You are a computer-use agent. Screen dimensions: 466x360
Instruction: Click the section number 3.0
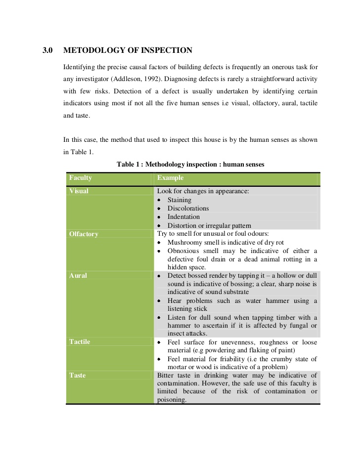click(47, 50)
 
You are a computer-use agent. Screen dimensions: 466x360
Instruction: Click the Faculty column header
click(81, 178)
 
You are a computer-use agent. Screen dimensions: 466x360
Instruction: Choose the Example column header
click(170, 178)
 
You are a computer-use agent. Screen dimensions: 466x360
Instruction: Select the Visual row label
click(79, 191)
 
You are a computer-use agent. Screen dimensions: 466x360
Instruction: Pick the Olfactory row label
click(84, 234)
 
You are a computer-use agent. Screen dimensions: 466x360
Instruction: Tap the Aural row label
click(78, 276)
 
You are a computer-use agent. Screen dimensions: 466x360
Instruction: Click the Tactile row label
click(80, 342)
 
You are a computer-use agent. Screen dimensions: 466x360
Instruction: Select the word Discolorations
click(188, 209)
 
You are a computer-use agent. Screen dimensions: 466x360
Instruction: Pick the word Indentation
click(183, 217)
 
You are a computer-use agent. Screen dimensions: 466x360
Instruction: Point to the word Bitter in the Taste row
click(166, 376)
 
